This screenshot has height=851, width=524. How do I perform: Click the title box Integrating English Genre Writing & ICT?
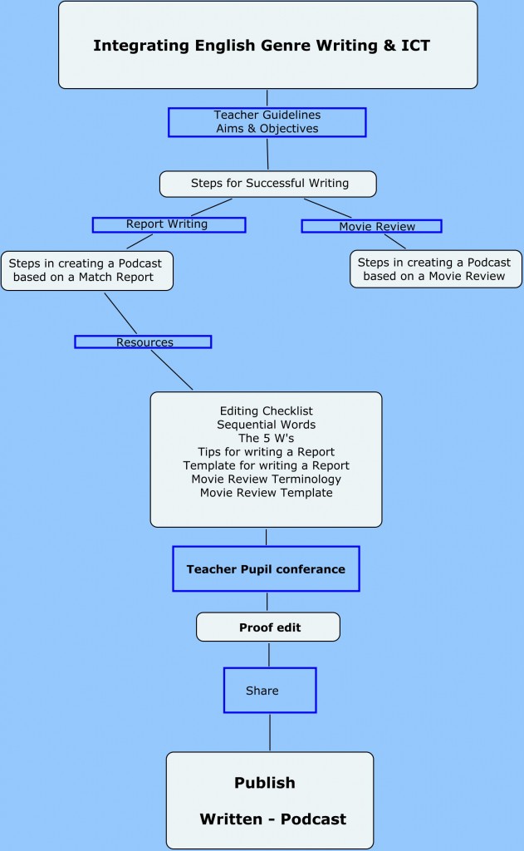pyautogui.click(x=268, y=45)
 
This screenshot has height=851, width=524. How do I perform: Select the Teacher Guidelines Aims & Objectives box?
pyautogui.click(x=267, y=122)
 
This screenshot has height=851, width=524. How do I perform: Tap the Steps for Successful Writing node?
pyautogui.click(x=268, y=184)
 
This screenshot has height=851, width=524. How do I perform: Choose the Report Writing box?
pyautogui.click(x=169, y=224)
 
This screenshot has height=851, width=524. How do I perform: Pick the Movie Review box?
pyautogui.click(x=371, y=226)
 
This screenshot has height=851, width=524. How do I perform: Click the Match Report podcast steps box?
pyautogui.click(x=87, y=271)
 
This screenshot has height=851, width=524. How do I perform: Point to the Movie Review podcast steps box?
pyautogui.click(x=436, y=269)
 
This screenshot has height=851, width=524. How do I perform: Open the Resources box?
pyautogui.click(x=143, y=342)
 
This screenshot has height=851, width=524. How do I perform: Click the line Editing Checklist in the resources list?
pyautogui.click(x=267, y=411)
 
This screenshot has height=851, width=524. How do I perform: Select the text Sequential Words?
pyautogui.click(x=267, y=425)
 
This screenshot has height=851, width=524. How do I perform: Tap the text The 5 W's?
pyautogui.click(x=267, y=438)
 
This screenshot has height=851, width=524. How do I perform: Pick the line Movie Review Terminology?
pyautogui.click(x=267, y=480)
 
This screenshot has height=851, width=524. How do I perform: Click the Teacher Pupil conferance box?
pyautogui.click(x=266, y=568)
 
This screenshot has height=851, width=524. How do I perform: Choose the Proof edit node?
pyautogui.click(x=268, y=627)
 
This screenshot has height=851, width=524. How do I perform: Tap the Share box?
pyautogui.click(x=270, y=691)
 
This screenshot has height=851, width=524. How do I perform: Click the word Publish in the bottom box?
pyautogui.click(x=265, y=783)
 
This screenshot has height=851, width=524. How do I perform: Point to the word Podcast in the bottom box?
pyautogui.click(x=314, y=819)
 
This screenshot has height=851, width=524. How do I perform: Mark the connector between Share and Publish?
pyautogui.click(x=270, y=733)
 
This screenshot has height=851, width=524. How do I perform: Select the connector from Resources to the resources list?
pyautogui.click(x=172, y=370)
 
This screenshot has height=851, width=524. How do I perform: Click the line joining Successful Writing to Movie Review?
pyautogui.click(x=328, y=208)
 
